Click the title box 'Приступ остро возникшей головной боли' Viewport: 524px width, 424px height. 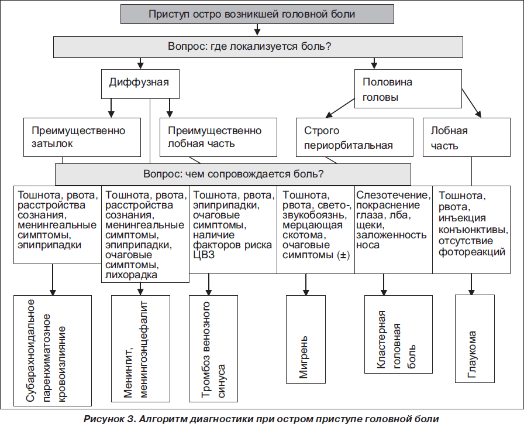point(257,14)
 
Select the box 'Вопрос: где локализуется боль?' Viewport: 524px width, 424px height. point(258,47)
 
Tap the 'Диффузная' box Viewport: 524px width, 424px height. point(140,84)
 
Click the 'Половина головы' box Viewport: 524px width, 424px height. point(408,88)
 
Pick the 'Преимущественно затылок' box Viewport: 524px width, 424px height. point(82,137)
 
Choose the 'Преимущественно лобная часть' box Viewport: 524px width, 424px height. point(218,137)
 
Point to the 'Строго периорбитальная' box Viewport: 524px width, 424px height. point(354,137)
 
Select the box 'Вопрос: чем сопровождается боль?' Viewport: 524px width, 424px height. point(233,175)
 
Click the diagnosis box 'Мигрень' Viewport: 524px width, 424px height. point(306,339)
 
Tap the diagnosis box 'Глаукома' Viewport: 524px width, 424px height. point(475,338)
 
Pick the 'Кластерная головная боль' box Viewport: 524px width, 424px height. point(398,334)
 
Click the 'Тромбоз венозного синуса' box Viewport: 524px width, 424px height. point(213,348)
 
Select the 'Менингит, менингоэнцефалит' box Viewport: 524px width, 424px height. point(140,348)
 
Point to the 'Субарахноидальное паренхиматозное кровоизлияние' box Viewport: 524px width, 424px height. point(53,351)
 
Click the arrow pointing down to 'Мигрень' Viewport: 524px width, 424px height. point(306,285)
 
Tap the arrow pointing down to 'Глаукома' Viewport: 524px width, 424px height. point(471,285)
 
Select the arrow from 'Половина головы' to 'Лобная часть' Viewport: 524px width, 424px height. point(471,103)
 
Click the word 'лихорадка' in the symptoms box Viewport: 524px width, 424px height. point(131,275)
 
